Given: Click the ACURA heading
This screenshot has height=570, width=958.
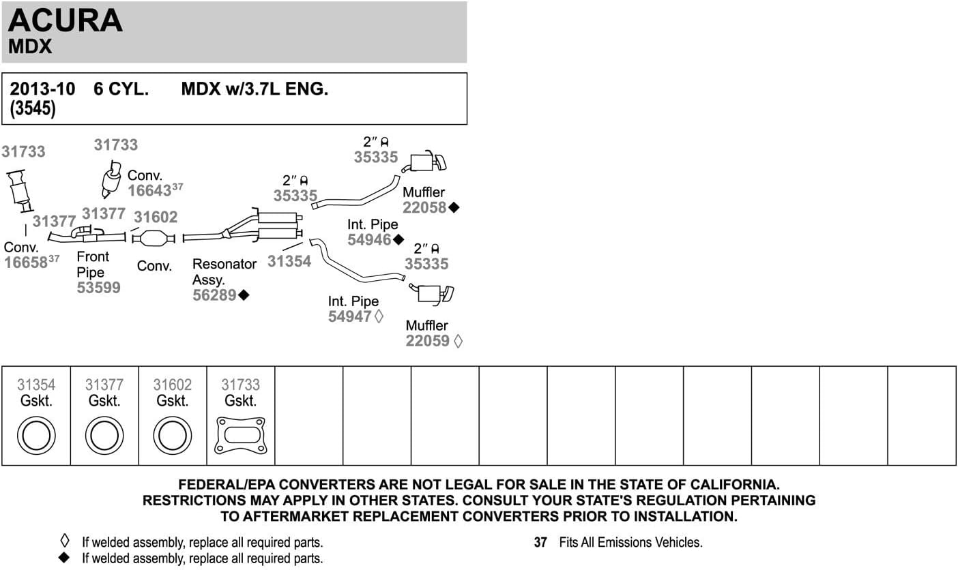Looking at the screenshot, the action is click(x=66, y=20).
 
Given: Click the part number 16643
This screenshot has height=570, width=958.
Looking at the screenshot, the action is click(x=149, y=191).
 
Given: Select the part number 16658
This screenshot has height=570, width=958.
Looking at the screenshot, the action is click(x=26, y=262).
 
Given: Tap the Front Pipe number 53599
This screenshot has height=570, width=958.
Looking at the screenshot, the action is click(x=98, y=287).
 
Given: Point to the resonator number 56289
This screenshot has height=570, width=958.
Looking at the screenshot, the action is click(x=214, y=295).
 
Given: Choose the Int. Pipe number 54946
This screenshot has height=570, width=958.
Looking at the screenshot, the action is click(x=370, y=240).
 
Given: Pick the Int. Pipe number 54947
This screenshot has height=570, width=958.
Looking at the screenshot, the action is click(x=350, y=316).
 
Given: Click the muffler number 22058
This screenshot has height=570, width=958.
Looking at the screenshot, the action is click(x=424, y=207).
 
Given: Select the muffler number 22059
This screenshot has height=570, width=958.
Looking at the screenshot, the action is click(x=428, y=340).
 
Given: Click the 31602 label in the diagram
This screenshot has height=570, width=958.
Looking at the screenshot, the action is click(x=156, y=217).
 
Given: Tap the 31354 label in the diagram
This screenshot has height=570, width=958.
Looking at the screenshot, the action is click(x=289, y=261).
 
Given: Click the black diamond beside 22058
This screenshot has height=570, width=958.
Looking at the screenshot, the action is click(x=454, y=207).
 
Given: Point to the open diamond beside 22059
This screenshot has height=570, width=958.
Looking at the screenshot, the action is click(x=458, y=341).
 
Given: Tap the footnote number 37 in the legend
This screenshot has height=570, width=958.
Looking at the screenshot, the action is click(x=540, y=542).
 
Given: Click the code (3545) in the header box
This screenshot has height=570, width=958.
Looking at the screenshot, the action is click(x=33, y=108).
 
